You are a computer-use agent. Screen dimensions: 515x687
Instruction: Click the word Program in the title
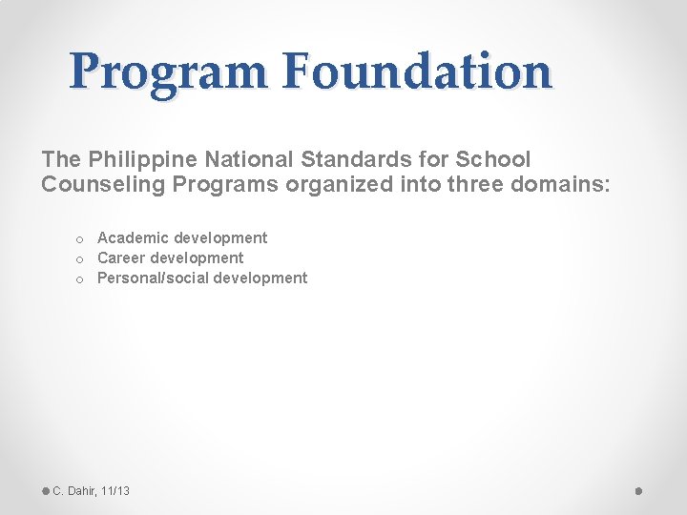pos(168,72)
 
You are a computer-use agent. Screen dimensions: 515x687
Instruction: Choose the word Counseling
pos(103,184)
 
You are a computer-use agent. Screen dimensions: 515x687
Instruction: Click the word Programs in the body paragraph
pos(225,184)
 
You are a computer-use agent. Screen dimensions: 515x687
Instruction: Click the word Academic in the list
pos(134,237)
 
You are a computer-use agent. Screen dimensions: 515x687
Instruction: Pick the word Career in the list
pos(121,257)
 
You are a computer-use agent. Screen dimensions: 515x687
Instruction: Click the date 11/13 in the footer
pos(114,490)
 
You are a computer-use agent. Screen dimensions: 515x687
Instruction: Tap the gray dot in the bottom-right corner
pos(639,490)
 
